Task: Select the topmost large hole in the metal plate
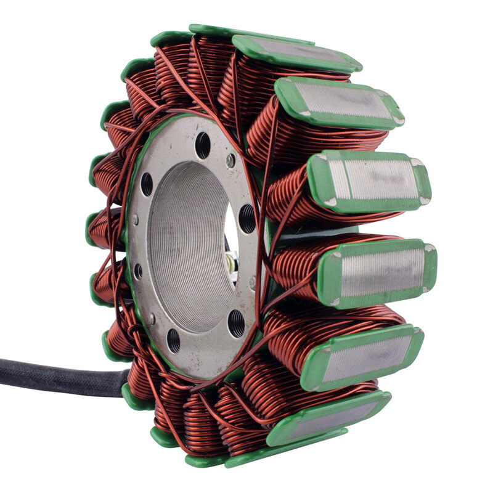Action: [203, 145]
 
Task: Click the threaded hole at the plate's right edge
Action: [246, 218]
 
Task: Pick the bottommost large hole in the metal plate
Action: [174, 341]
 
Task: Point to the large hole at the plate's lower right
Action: [237, 322]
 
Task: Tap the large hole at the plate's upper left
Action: [147, 184]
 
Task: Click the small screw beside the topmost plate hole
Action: [230, 161]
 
